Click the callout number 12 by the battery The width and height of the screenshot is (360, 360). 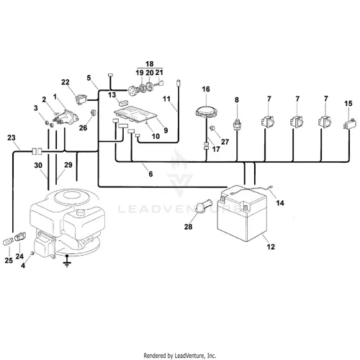click(x=271, y=246)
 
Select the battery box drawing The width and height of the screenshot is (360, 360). click(x=242, y=213)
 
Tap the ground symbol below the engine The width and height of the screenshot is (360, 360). click(x=67, y=261)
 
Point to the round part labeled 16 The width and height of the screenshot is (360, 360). click(x=206, y=112)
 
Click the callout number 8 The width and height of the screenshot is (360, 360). click(x=237, y=99)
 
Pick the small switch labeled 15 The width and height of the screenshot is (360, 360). click(x=348, y=124)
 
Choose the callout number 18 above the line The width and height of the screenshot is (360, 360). click(x=149, y=64)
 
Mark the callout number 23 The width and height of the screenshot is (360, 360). click(x=12, y=138)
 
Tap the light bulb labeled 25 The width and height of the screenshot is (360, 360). click(x=8, y=241)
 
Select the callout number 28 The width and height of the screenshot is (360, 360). click(x=188, y=227)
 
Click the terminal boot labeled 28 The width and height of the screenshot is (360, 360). click(x=204, y=206)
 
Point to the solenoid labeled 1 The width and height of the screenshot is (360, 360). click(x=66, y=117)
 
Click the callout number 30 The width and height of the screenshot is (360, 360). click(x=38, y=165)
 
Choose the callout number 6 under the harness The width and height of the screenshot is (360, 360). click(x=150, y=174)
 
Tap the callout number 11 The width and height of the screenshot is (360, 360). click(x=166, y=99)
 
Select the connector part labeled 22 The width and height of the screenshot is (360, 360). click(x=81, y=99)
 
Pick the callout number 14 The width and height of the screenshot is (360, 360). click(x=280, y=203)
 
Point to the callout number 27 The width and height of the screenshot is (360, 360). click(x=225, y=142)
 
